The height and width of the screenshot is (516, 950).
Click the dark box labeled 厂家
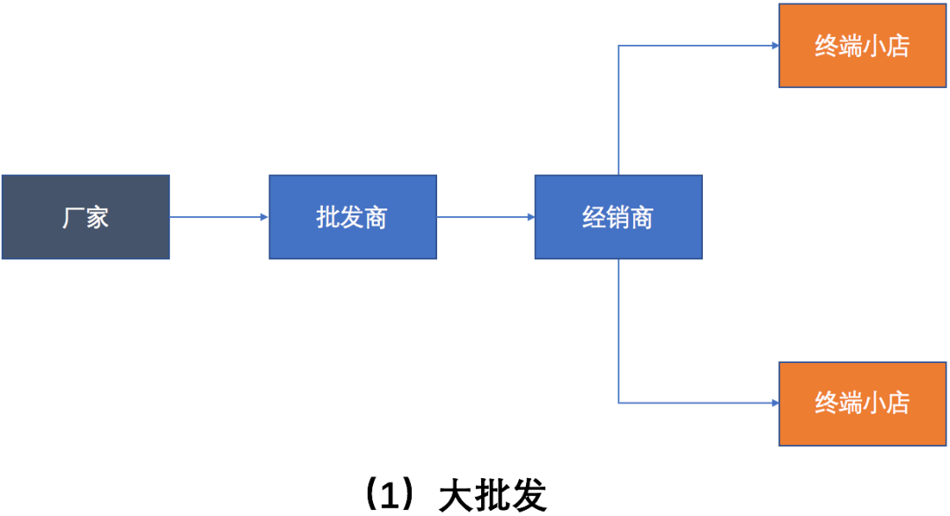[x=85, y=217]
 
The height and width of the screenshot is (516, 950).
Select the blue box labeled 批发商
[x=352, y=217]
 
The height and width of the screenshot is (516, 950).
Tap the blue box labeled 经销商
[x=617, y=217]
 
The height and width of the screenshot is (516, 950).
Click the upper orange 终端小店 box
[x=862, y=46]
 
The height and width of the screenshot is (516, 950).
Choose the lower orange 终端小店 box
[x=862, y=403]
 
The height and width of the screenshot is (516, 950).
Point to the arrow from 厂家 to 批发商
[x=218, y=217]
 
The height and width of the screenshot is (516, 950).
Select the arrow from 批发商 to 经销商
[x=485, y=217]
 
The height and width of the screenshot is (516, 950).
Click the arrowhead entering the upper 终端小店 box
[x=773, y=46]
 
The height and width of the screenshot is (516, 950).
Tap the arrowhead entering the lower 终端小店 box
[x=773, y=403]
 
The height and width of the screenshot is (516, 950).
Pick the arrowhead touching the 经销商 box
[x=530, y=217]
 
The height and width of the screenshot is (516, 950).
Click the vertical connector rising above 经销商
[x=618, y=110]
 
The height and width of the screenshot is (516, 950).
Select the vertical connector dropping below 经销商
[x=618, y=331]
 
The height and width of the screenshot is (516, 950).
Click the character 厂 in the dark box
[x=73, y=217]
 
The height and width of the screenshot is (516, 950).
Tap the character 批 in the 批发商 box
[x=328, y=217]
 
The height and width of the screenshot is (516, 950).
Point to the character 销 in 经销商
[x=617, y=217]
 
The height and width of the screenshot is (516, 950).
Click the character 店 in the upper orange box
[x=897, y=46]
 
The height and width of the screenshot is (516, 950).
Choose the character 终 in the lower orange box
[x=827, y=403]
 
